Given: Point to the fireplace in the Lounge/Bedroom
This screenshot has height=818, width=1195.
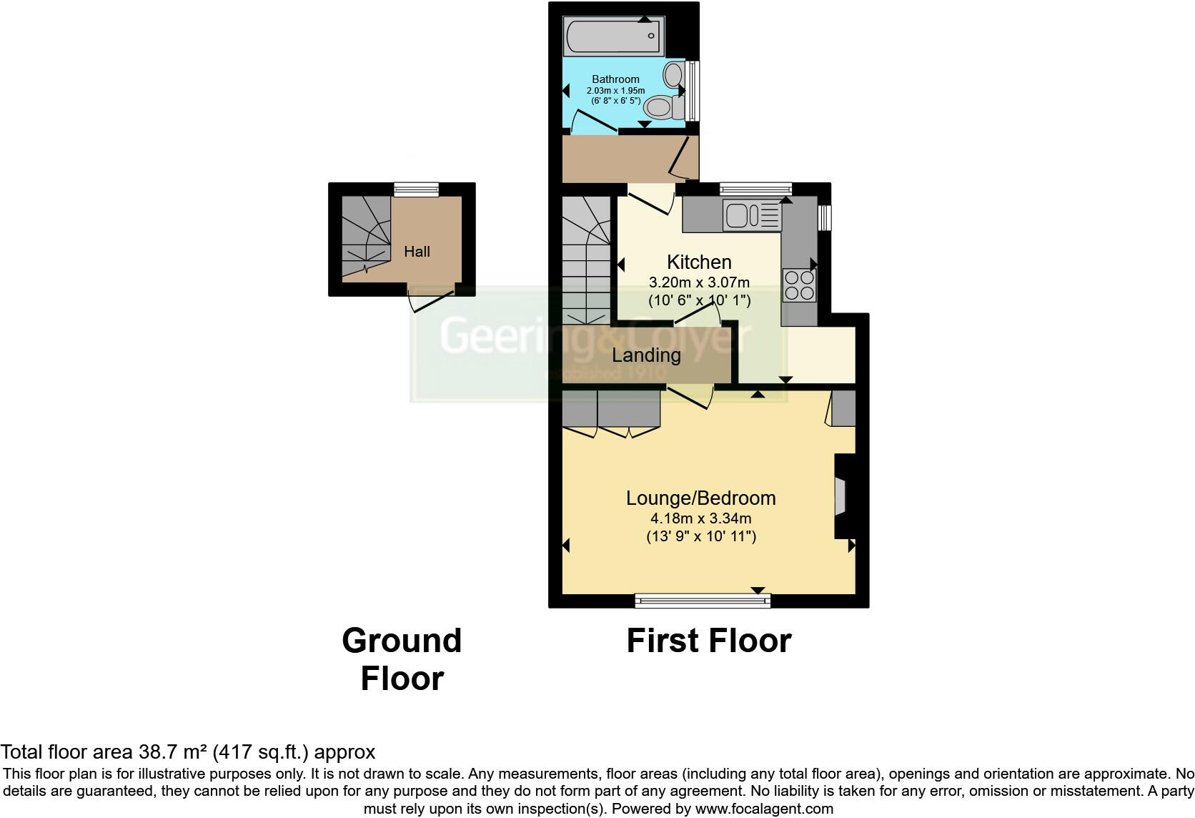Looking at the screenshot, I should click(841, 497).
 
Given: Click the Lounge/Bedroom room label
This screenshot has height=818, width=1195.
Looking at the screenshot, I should click(700, 498).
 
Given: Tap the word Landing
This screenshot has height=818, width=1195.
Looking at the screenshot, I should click(646, 355).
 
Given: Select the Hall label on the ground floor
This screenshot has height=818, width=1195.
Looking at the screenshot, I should click(417, 252).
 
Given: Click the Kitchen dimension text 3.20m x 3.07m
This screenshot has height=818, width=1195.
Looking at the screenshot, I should click(699, 282).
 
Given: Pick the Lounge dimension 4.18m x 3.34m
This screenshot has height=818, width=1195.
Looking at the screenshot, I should click(700, 518).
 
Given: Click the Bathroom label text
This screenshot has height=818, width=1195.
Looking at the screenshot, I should click(615, 79).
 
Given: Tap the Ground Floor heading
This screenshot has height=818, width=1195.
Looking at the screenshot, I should click(402, 659).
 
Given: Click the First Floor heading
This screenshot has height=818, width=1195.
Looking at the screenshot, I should click(708, 641).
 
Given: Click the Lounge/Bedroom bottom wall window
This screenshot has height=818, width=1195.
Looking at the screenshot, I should click(703, 601).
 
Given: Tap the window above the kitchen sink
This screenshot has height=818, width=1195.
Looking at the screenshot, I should click(755, 189).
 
